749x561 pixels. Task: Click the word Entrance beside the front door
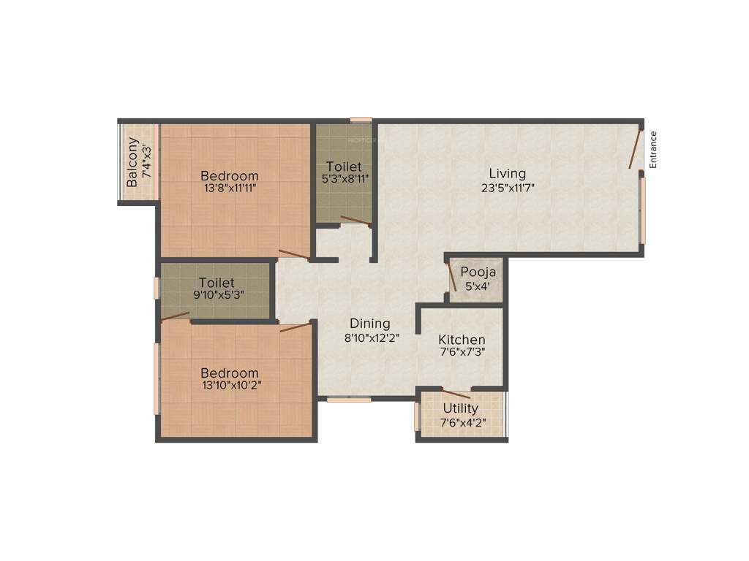coord(653,150)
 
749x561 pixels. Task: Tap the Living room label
coord(508,174)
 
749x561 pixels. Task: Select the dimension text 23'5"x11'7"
coord(508,187)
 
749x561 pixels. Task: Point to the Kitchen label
coord(462,340)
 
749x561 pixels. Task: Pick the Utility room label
coord(461,408)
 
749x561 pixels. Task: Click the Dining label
coord(369,324)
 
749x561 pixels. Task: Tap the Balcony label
coord(132,163)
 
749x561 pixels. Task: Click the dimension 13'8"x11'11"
coord(230,188)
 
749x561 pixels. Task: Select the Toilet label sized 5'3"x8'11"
coord(344,167)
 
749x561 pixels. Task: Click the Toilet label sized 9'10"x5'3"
coord(217,283)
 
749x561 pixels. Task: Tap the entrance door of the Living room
coord(635,150)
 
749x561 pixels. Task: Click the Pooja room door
coord(451,278)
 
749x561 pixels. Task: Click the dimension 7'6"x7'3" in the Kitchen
coord(462,353)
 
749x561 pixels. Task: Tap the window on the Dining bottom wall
coord(348,400)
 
